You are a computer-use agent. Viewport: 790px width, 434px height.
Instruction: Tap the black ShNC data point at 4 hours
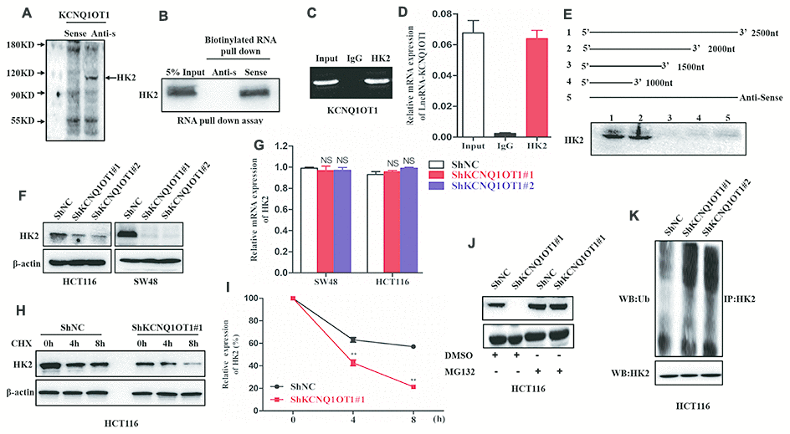pyautogui.click(x=353, y=340)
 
